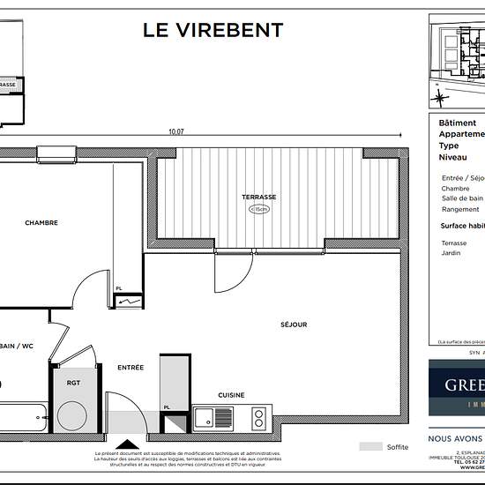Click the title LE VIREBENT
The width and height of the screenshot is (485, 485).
[213, 30]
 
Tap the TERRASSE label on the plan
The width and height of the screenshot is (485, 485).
[259, 197]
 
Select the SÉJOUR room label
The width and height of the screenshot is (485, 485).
[294, 325]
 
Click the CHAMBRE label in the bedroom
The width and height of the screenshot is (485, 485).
[41, 223]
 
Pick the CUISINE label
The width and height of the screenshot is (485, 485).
[231, 395]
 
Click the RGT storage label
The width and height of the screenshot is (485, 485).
[73, 384]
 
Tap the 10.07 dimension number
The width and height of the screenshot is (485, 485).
[176, 132]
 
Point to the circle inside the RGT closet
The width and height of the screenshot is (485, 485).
[71, 414]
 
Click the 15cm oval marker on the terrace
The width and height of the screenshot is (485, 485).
[259, 210]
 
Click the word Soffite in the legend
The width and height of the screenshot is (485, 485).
[398, 447]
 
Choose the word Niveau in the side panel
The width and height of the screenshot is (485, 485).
[453, 156]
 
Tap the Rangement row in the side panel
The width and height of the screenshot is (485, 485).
[460, 210]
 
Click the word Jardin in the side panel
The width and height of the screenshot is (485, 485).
[451, 253]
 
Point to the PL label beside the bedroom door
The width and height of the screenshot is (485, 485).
[118, 288]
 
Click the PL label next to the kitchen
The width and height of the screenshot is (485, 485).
[166, 407]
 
